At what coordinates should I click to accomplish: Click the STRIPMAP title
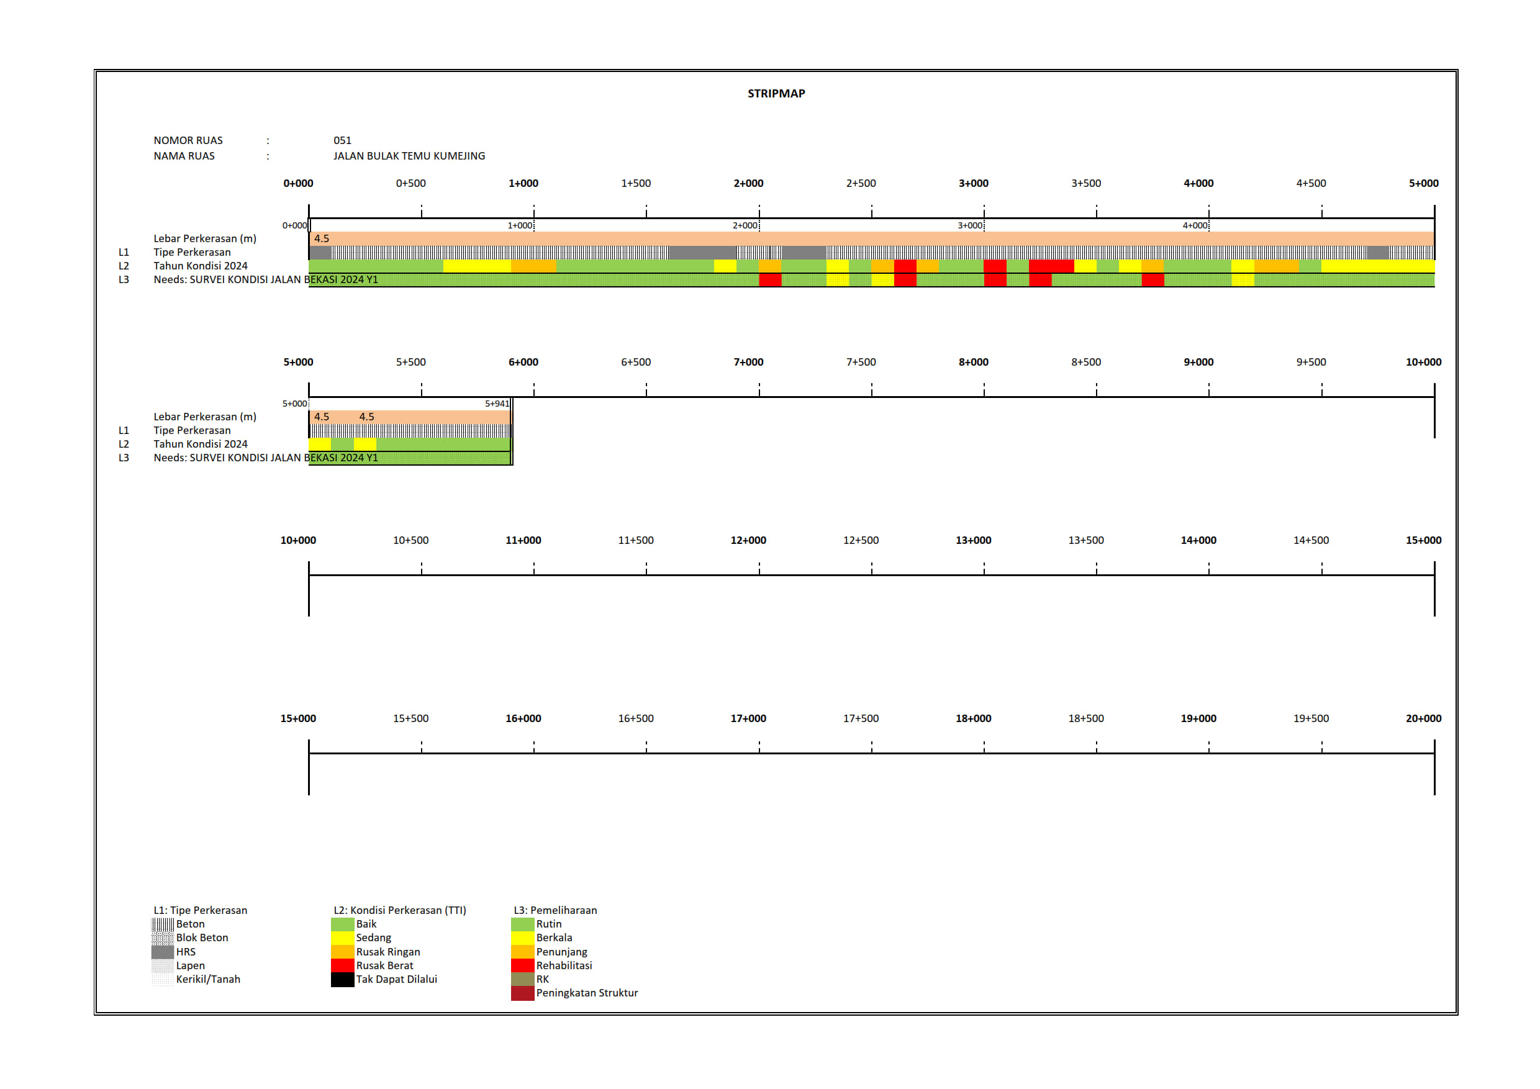776,94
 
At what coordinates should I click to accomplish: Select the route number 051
342,140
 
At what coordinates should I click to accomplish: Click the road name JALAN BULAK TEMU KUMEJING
409,156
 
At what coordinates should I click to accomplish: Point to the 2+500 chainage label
861,183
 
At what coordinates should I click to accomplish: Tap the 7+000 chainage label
748,362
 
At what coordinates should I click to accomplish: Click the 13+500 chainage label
1085,541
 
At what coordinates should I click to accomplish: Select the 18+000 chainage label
973,719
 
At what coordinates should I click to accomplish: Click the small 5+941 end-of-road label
497,404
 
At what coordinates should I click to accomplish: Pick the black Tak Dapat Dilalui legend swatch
342,980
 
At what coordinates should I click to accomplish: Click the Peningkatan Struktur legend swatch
522,993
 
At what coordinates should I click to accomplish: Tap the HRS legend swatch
162,952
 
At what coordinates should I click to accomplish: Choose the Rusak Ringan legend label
387,952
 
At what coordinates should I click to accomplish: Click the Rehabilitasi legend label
564,965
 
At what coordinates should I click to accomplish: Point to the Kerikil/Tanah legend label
208,980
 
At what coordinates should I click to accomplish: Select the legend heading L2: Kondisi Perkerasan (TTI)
400,911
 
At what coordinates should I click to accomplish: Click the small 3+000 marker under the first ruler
970,226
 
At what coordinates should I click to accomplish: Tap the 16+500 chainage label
635,719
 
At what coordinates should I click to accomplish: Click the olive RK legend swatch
522,980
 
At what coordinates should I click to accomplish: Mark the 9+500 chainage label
1311,362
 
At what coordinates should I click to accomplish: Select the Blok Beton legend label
202,938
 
